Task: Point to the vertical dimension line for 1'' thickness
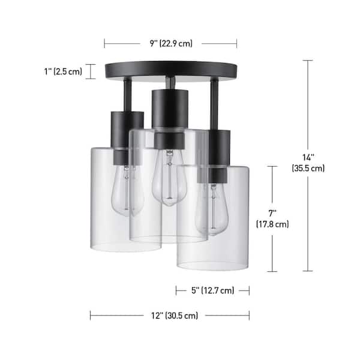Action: pyautogui.click(x=91, y=71)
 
